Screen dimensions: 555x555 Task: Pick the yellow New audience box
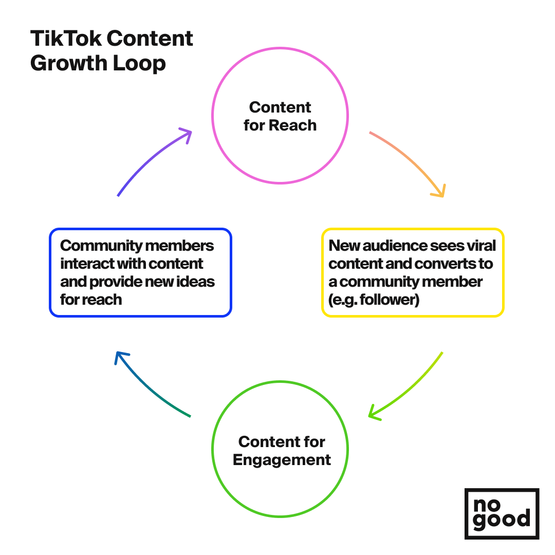click(413, 272)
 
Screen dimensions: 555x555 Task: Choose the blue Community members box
click(140, 272)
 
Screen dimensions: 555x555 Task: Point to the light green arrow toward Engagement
click(411, 388)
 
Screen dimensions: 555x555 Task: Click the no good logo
click(502, 513)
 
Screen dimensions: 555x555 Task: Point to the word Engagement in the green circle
click(282, 459)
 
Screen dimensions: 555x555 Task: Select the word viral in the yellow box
click(482, 246)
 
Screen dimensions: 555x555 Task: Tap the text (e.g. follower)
click(374, 300)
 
